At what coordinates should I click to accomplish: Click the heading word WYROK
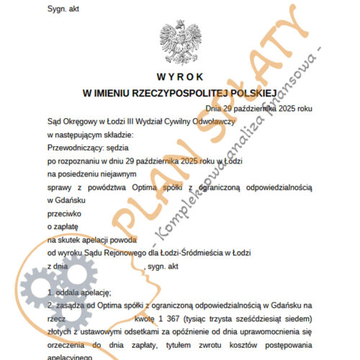pos(179,77)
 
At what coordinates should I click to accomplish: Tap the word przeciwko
pos(63,214)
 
